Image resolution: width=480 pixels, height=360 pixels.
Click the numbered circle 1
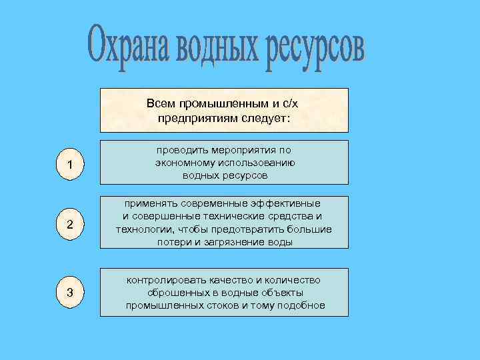point(70,165)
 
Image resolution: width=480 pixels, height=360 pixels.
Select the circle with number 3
point(70,293)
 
